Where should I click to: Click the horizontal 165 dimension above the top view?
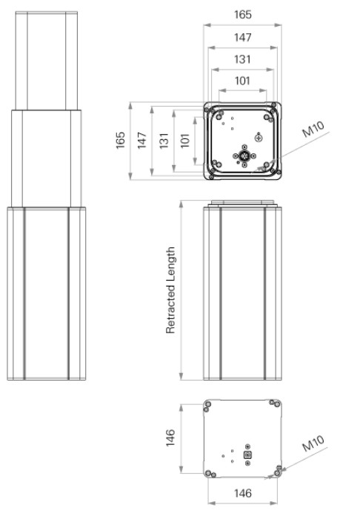pyautogui.click(x=242, y=14)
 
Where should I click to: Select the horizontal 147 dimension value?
pyautogui.click(x=242, y=37)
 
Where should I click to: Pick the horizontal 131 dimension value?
pyautogui.click(x=242, y=59)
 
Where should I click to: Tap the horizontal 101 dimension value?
pyautogui.click(x=242, y=81)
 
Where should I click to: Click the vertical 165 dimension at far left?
pyautogui.click(x=121, y=141)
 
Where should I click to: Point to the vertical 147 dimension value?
pyautogui.click(x=142, y=141)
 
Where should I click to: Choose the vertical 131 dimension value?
pyautogui.click(x=164, y=141)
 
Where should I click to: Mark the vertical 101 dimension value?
pyautogui.click(x=185, y=141)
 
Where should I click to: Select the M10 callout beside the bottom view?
pyautogui.click(x=313, y=444)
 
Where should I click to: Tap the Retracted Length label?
pyautogui.click(x=171, y=290)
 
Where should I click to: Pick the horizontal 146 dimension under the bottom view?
pyautogui.click(x=242, y=492)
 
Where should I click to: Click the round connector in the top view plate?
pyautogui.click(x=242, y=155)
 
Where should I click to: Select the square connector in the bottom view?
pyautogui.click(x=248, y=455)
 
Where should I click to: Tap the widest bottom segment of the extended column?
pyautogui.click(x=47, y=293)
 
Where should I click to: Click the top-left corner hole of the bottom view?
pyautogui.click(x=209, y=404)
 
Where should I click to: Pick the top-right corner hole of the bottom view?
pyautogui.click(x=276, y=404)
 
